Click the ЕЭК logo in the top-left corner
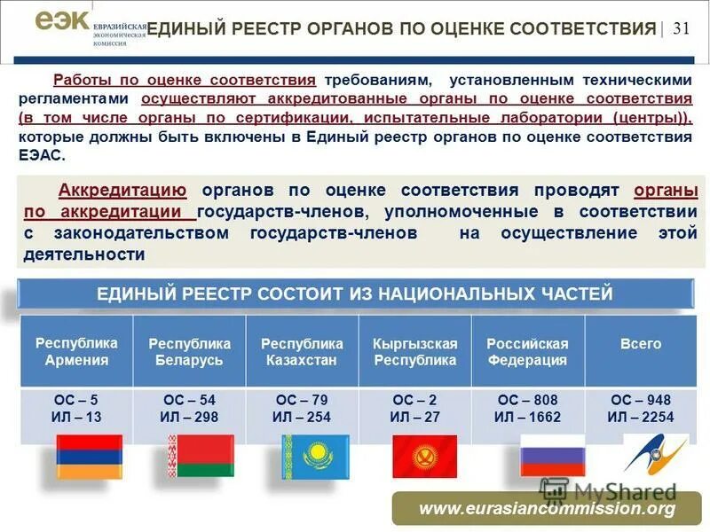[62, 22]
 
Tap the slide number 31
[681, 27]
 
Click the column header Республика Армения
[76, 351]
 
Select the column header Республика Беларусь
[189, 351]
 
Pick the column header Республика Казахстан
[302, 351]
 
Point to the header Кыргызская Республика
[414, 351]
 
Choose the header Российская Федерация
[527, 351]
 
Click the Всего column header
[640, 344]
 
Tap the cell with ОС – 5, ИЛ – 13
[76, 408]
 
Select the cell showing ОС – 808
[527, 408]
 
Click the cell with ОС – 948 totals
[640, 408]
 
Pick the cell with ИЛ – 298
[189, 408]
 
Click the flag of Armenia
[90, 457]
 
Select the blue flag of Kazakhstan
[312, 457]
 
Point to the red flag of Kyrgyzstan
[424, 457]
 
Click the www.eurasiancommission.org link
[547, 508]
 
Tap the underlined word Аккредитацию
[122, 190]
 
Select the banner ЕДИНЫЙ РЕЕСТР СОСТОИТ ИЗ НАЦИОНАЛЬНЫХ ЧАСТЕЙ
[354, 293]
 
